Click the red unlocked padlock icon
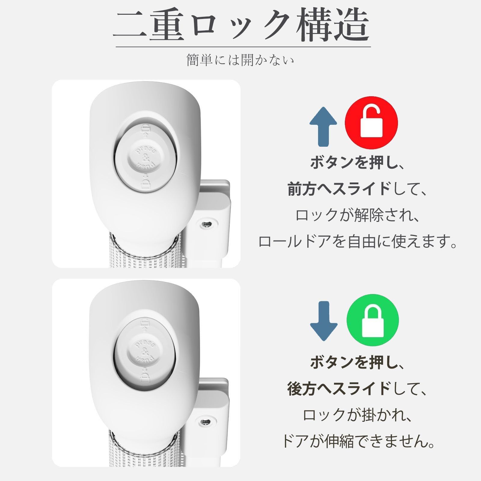[x=371, y=123]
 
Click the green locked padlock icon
[x=373, y=320]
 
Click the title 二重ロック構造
[x=242, y=26]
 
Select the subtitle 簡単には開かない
[x=240, y=60]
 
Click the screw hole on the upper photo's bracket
[x=207, y=224]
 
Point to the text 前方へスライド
[x=339, y=189]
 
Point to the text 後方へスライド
[x=339, y=389]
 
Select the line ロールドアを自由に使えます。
[x=358, y=242]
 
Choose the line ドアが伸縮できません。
[x=358, y=441]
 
